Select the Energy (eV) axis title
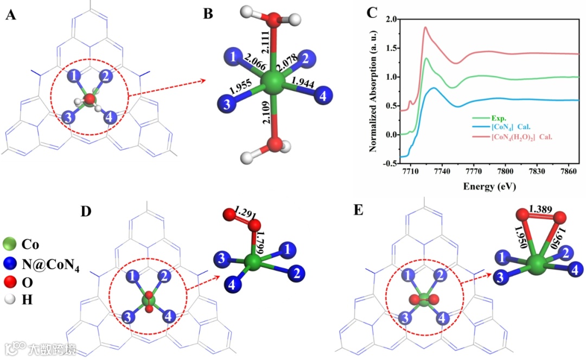pyautogui.click(x=488, y=186)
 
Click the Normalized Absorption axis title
pyautogui.click(x=374, y=90)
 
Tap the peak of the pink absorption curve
pyautogui.click(x=425, y=27)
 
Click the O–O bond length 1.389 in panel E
pyautogui.click(x=539, y=209)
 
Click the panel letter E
pyautogui.click(x=359, y=210)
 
